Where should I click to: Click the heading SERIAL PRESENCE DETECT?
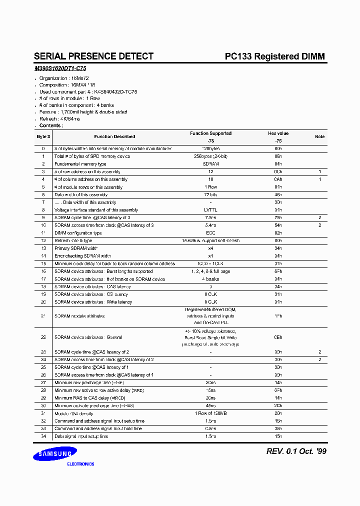pyautogui.click(x=93, y=56)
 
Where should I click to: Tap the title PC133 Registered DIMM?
pyautogui.click(x=274, y=56)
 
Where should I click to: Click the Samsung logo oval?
pyautogui.click(x=55, y=453)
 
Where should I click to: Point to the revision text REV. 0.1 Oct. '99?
pyautogui.click(x=296, y=451)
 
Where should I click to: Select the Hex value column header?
pyautogui.click(x=278, y=133)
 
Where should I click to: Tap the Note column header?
pyautogui.click(x=319, y=136)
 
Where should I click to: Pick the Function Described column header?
pyautogui.click(x=114, y=136)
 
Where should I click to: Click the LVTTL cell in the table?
pyautogui.click(x=210, y=210)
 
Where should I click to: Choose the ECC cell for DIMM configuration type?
pyautogui.click(x=210, y=233)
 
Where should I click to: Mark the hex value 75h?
pyautogui.click(x=278, y=218)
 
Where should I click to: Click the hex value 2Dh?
pyautogui.click(x=278, y=406)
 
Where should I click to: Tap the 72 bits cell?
pyautogui.click(x=210, y=195)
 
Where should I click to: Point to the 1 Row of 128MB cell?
pyautogui.click(x=210, y=413)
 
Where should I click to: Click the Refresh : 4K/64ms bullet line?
pyautogui.click(x=59, y=119)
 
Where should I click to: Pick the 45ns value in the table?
pyautogui.click(x=210, y=406)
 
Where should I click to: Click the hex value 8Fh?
pyautogui.click(x=278, y=271)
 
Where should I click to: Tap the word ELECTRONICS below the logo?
pyautogui.click(x=80, y=464)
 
